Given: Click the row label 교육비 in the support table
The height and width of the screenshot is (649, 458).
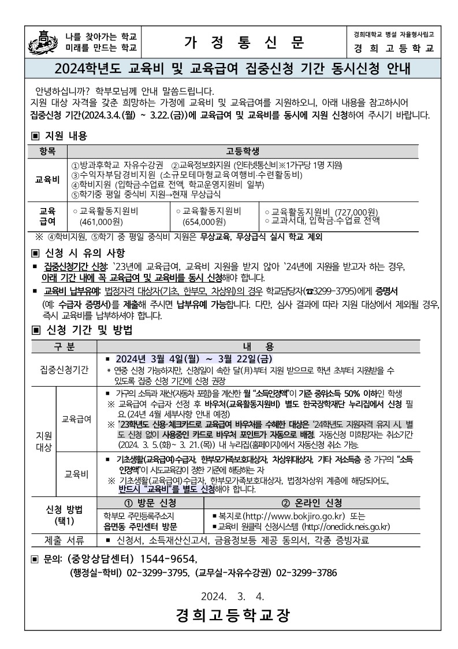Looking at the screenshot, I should tap(47, 179).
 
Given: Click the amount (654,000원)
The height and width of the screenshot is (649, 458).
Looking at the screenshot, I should tap(204, 221).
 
